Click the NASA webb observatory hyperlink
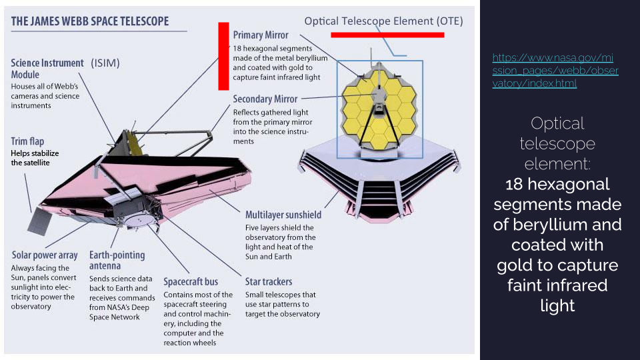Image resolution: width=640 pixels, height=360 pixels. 555,71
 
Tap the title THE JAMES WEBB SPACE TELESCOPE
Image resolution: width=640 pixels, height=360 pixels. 90,21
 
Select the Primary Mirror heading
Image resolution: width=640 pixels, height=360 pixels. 261,35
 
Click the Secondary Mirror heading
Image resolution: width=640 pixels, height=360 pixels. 265,99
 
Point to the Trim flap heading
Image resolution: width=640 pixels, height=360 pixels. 27,141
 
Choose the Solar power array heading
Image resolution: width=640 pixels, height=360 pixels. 45,255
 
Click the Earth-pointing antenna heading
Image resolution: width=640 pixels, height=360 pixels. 117,261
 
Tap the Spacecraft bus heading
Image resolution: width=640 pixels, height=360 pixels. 191,281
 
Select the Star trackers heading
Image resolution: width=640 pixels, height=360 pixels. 269,281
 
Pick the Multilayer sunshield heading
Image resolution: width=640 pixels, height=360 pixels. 283,215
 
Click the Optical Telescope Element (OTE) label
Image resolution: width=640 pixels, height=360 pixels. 384,21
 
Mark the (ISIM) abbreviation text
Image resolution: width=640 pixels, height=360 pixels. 105,63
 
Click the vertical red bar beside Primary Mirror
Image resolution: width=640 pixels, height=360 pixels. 224,56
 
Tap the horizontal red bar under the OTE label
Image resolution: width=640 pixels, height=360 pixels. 387,35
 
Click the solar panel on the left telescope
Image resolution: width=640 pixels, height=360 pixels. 40,221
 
